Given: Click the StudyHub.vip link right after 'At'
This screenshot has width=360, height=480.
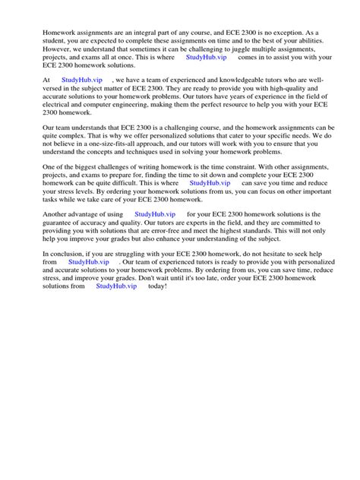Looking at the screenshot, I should (82, 79).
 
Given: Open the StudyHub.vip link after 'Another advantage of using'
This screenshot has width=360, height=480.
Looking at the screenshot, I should (155, 214).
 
